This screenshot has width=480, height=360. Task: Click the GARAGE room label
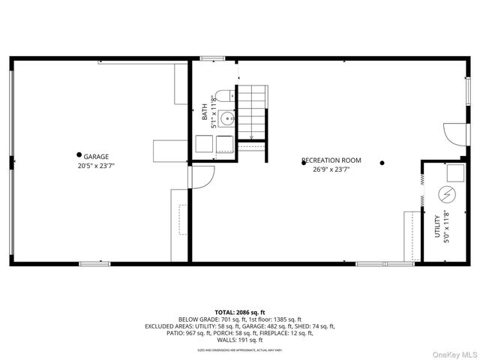tap(96, 156)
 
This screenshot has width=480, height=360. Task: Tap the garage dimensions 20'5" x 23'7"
tap(95, 165)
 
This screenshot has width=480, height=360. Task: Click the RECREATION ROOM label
tap(331, 160)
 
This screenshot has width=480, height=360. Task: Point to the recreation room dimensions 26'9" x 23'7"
tap(331, 169)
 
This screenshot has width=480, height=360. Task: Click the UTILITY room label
tap(437, 226)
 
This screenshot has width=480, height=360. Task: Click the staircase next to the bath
tap(252, 112)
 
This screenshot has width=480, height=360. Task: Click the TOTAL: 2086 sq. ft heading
tap(240, 312)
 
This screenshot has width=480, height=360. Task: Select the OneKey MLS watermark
tap(452, 352)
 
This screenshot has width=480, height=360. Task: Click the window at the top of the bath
tap(213, 58)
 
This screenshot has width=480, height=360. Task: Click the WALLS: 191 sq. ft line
tap(240, 340)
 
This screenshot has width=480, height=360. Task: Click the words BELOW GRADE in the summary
tap(196, 319)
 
